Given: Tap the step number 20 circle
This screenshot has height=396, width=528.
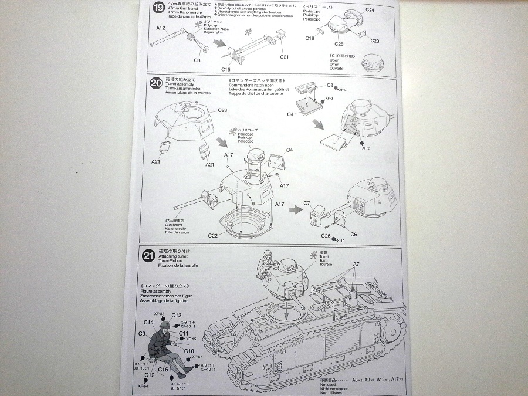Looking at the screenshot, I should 156,83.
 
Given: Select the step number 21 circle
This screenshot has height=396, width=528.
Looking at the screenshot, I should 149,255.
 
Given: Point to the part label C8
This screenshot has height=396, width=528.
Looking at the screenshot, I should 197,60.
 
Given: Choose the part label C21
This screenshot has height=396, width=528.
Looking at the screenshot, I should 285,57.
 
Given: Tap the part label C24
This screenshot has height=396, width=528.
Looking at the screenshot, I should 370,10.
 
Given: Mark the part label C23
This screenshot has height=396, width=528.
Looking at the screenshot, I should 222,110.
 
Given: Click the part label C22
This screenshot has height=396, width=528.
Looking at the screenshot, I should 212,235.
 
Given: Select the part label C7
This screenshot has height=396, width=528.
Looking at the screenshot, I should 307,204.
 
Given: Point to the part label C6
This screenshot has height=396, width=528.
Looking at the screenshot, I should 354,234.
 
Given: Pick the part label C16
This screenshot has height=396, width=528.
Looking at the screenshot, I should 164,370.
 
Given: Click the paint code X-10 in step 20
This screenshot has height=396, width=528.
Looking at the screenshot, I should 341,241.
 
